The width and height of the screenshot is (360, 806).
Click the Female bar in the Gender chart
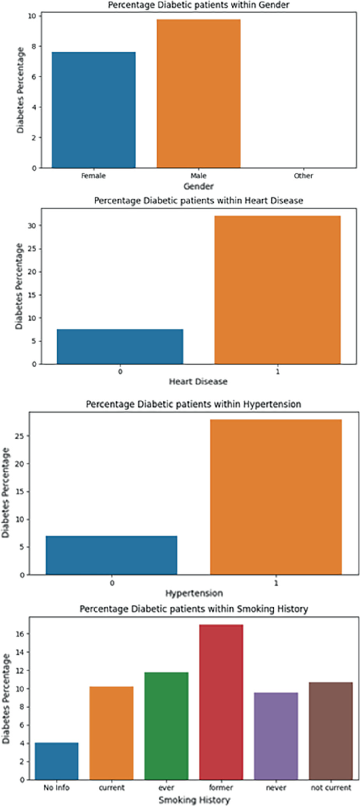click(x=94, y=110)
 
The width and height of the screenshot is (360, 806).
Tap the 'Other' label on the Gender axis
click(x=304, y=175)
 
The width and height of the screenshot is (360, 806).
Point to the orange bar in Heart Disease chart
click(x=277, y=290)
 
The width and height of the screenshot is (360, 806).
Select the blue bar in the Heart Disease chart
click(x=120, y=346)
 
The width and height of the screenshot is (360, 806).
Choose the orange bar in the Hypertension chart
click(x=276, y=497)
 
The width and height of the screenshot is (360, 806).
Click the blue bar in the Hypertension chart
click(x=111, y=555)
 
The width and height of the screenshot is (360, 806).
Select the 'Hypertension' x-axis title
click(x=194, y=593)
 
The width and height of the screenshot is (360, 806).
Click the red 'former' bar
click(x=221, y=702)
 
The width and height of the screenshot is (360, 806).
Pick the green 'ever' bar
click(x=166, y=726)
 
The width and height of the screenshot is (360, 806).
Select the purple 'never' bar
click(x=276, y=736)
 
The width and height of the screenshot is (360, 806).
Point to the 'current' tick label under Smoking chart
click(x=111, y=788)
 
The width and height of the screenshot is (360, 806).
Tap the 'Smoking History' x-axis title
click(x=194, y=800)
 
